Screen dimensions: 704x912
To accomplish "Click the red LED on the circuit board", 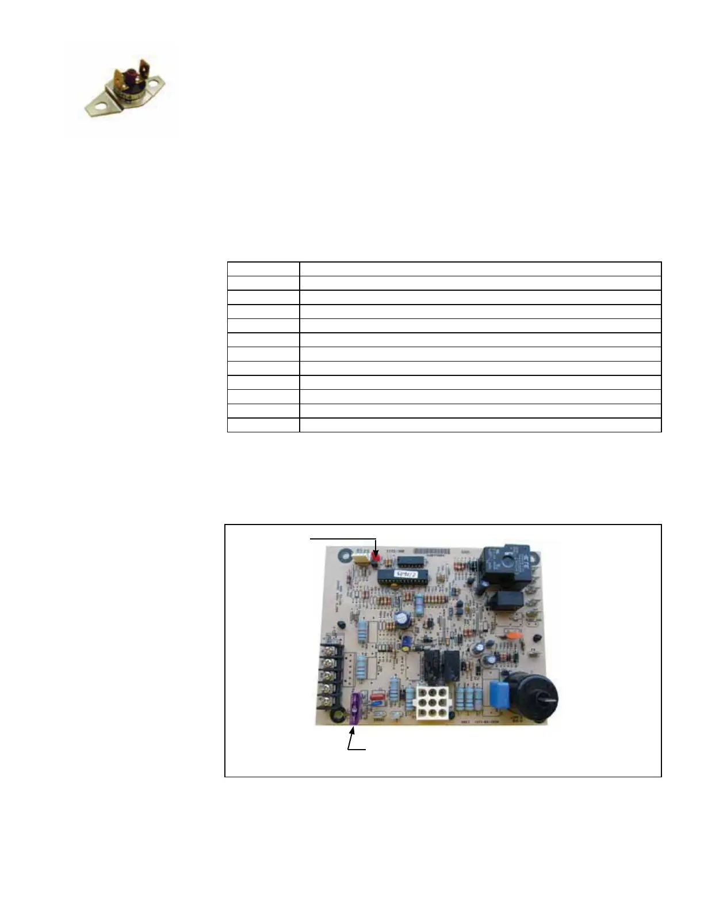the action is click(376, 557).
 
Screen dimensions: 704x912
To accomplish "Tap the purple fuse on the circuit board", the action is click(354, 708).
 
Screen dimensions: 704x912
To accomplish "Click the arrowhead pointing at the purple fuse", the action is click(353, 730).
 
